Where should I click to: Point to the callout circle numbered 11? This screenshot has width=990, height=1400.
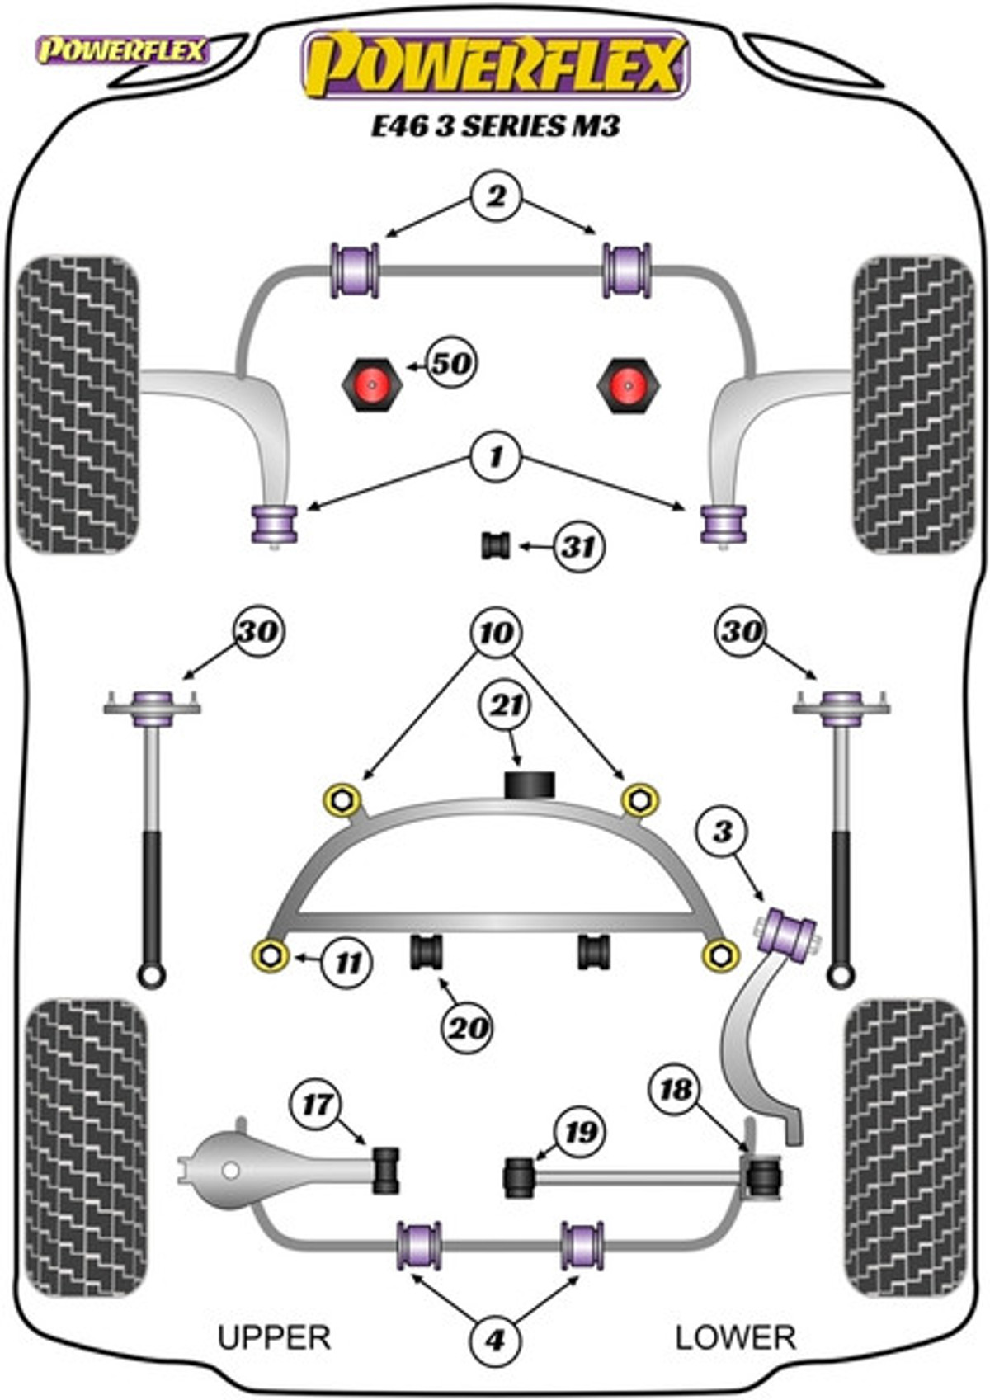click(x=346, y=963)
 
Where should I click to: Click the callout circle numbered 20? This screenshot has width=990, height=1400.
click(x=468, y=1027)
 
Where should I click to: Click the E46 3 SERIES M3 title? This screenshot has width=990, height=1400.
click(x=496, y=126)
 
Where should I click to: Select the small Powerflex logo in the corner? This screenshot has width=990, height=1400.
click(x=122, y=51)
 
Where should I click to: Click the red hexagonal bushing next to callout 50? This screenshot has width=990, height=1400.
click(x=371, y=384)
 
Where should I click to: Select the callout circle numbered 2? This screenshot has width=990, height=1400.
click(x=496, y=197)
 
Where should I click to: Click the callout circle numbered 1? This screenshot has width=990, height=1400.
click(x=496, y=458)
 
